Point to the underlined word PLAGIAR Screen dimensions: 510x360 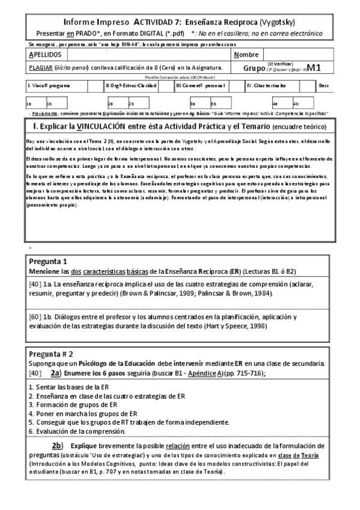[x=41, y=68]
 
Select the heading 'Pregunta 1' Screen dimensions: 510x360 [x=48, y=262]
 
